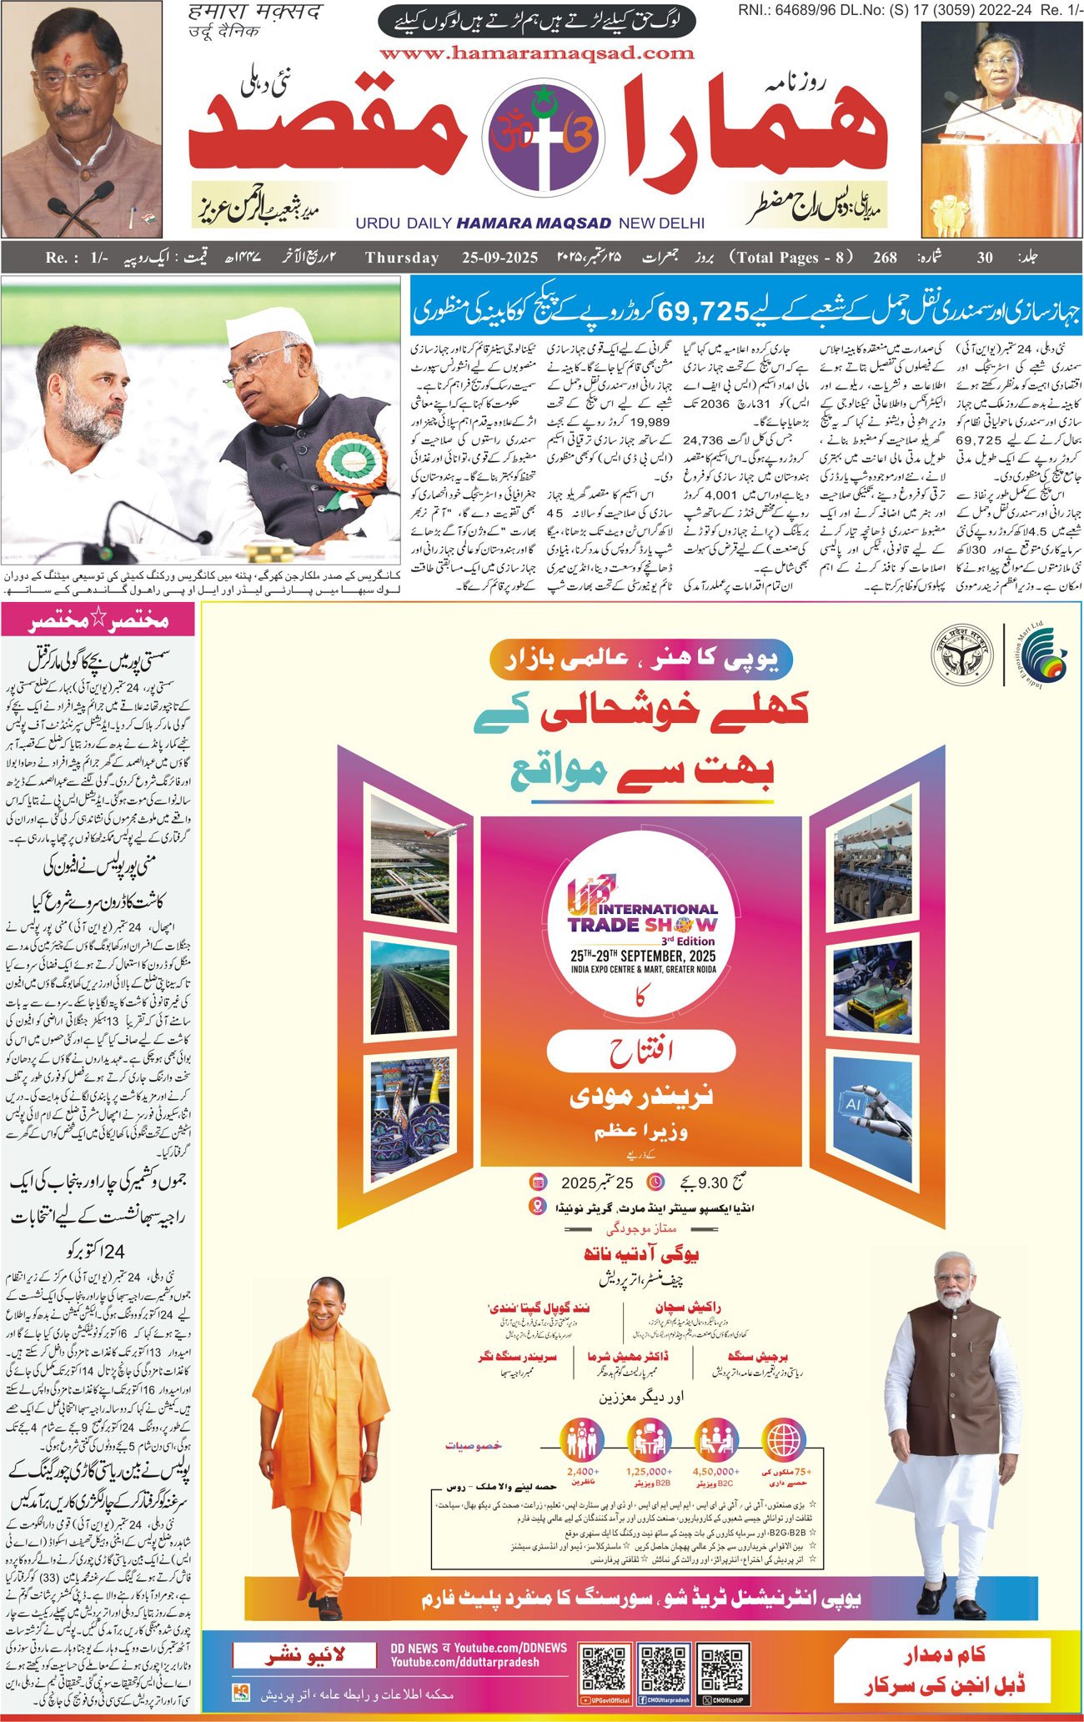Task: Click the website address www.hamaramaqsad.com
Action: tap(536, 53)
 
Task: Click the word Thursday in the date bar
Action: tap(402, 258)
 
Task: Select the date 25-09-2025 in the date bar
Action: tap(499, 258)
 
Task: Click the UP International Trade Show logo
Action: tap(641, 918)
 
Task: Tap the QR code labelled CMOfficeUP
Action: tap(722, 1667)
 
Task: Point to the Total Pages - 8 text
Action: tap(790, 258)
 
